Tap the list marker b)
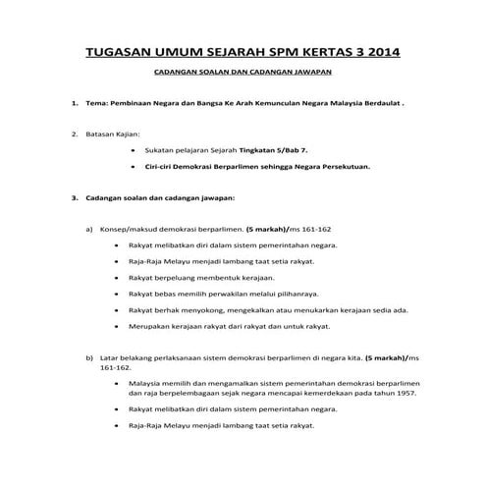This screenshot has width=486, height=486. [x=89, y=359]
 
